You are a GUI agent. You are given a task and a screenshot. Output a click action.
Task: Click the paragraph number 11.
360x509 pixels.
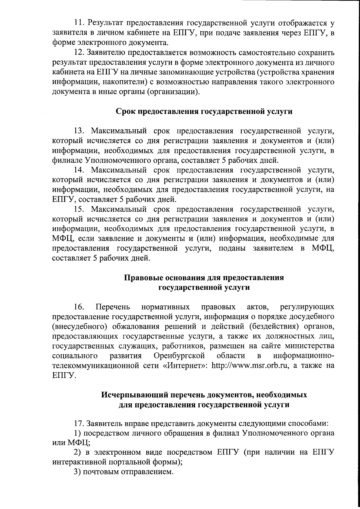pos(79,23)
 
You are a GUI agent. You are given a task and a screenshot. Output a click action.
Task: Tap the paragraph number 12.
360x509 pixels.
pos(79,52)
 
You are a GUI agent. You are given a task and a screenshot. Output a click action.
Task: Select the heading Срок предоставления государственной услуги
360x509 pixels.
pos(204,112)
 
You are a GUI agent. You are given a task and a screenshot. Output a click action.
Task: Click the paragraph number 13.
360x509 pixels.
pos(79,131)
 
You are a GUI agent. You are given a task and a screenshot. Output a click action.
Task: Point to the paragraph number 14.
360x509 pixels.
pos(79,170)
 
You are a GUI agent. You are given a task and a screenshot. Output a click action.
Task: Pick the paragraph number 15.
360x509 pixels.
pos(79,209)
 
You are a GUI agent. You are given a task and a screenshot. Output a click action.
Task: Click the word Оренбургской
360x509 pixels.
pos(179,356)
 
